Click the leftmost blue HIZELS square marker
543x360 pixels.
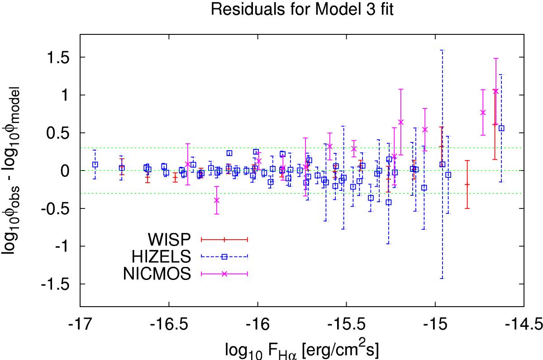coord(95,165)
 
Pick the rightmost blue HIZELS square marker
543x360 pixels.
coord(501,128)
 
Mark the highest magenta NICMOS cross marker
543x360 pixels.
coord(495,91)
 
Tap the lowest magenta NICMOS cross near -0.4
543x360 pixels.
coord(217,200)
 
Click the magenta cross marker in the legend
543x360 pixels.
coord(224,274)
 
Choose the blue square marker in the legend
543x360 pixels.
coord(224,256)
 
